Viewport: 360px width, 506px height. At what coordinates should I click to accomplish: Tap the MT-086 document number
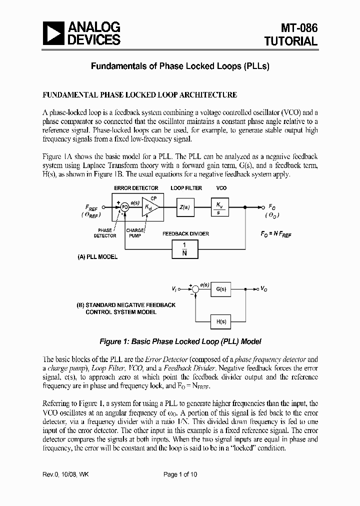pos(298,28)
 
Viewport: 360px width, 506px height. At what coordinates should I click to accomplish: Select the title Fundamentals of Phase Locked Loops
pos(179,66)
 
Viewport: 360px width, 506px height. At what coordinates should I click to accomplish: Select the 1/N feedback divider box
pos(184,248)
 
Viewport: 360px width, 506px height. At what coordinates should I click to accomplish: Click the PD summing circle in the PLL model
pos(125,207)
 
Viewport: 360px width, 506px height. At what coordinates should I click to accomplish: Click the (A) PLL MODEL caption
pos(97,257)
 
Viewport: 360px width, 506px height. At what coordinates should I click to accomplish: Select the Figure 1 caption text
pos(180,341)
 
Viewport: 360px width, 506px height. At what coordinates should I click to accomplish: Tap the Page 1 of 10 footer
pos(180,474)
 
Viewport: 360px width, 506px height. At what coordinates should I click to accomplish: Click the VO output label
pos(263,288)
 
